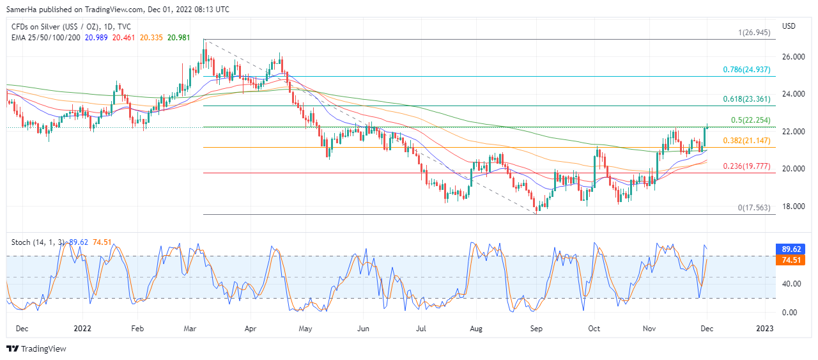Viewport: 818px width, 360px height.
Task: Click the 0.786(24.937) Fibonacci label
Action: (746, 70)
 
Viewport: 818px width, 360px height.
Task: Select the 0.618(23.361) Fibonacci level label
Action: (746, 99)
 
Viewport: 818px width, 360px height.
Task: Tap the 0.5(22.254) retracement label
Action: (750, 120)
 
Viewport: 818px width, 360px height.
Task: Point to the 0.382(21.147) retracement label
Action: (746, 141)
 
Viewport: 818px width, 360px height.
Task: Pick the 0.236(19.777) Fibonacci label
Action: (746, 166)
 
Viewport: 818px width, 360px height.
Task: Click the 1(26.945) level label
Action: (754, 33)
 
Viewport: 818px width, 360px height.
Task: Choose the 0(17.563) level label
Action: (754, 208)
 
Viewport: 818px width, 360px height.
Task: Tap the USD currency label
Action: (789, 26)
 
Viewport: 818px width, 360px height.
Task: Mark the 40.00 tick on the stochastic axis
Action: (792, 284)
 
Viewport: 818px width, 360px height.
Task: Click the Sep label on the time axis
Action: (536, 329)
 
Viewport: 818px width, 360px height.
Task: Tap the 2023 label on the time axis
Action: (764, 329)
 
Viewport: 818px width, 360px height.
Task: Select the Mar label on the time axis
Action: (190, 329)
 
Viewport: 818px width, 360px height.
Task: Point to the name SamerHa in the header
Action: (22, 10)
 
